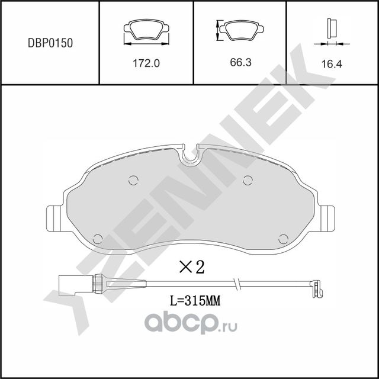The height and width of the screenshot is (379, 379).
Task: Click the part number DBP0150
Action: pos(50,43)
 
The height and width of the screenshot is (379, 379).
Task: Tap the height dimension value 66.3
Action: pos(240,62)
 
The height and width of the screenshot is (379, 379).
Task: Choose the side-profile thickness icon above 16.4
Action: pos(332,29)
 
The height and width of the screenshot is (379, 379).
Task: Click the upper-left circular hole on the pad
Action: pos(133,180)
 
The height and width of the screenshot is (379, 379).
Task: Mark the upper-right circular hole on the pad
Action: pos(248,180)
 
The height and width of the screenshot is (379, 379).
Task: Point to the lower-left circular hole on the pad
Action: pos(98,238)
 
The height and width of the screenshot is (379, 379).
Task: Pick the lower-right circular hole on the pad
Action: pos(283,238)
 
